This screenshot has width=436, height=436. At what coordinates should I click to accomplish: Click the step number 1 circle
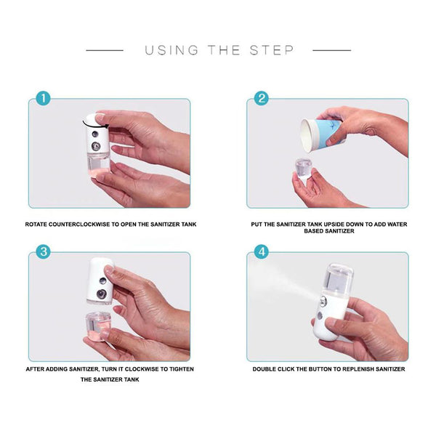coord(43,98)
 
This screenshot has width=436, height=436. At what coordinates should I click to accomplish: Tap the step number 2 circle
coord(262,98)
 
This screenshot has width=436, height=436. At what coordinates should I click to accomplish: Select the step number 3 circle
coord(43,252)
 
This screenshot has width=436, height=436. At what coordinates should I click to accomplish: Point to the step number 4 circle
coord(262,252)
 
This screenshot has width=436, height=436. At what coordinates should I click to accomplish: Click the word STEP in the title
coord(272,50)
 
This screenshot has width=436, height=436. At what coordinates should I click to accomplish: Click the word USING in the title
coord(171,50)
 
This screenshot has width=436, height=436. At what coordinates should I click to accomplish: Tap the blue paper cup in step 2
coord(323,134)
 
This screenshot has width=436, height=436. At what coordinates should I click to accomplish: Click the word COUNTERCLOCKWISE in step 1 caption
coord(79,225)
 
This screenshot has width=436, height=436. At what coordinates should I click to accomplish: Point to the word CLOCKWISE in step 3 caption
coord(142,369)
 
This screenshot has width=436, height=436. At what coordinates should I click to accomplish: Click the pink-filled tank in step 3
coord(98,326)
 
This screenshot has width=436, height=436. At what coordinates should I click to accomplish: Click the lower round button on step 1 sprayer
coord(96,146)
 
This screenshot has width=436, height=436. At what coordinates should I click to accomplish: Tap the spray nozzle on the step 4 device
coord(323,302)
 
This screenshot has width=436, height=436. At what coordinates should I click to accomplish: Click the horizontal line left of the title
coord(105,50)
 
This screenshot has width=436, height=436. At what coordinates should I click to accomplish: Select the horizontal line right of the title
coord(332,50)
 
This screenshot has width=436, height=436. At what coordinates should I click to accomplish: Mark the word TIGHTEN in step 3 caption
coord(181,369)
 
